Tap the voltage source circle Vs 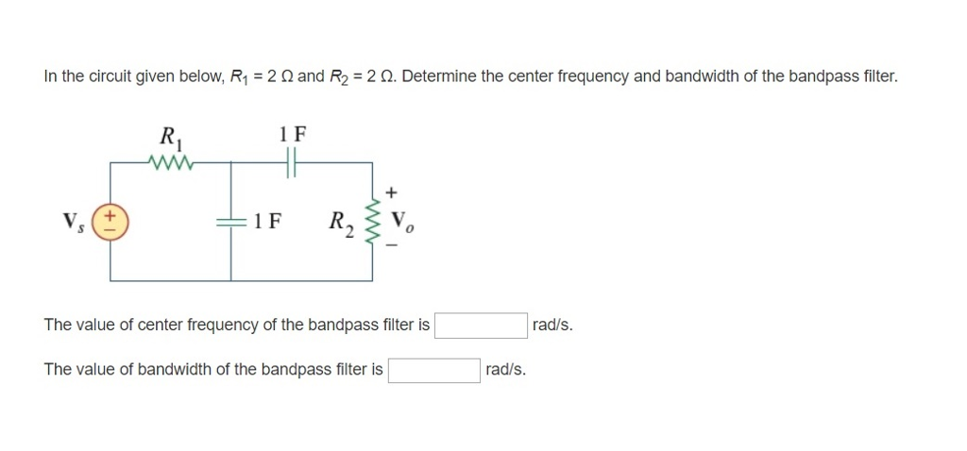tap(110, 223)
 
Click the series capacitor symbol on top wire tap(293, 162)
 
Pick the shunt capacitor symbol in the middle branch tap(231, 223)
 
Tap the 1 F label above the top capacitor tap(293, 133)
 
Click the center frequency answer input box tap(481, 326)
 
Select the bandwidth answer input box tap(433, 370)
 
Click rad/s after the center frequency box tap(552, 326)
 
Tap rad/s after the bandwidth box tap(505, 370)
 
